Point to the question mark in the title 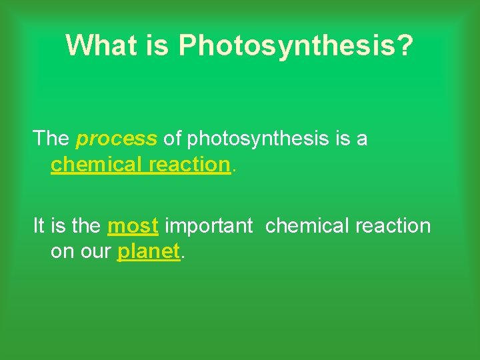coord(405,45)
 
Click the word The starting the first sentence coord(51,139)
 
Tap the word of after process coord(172,139)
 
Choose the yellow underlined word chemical coord(96,164)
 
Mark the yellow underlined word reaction coord(189,164)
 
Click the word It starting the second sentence coord(39,226)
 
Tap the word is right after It coord(58,226)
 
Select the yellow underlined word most coord(133,227)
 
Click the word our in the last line coord(95,252)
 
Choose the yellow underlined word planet coord(149,252)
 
